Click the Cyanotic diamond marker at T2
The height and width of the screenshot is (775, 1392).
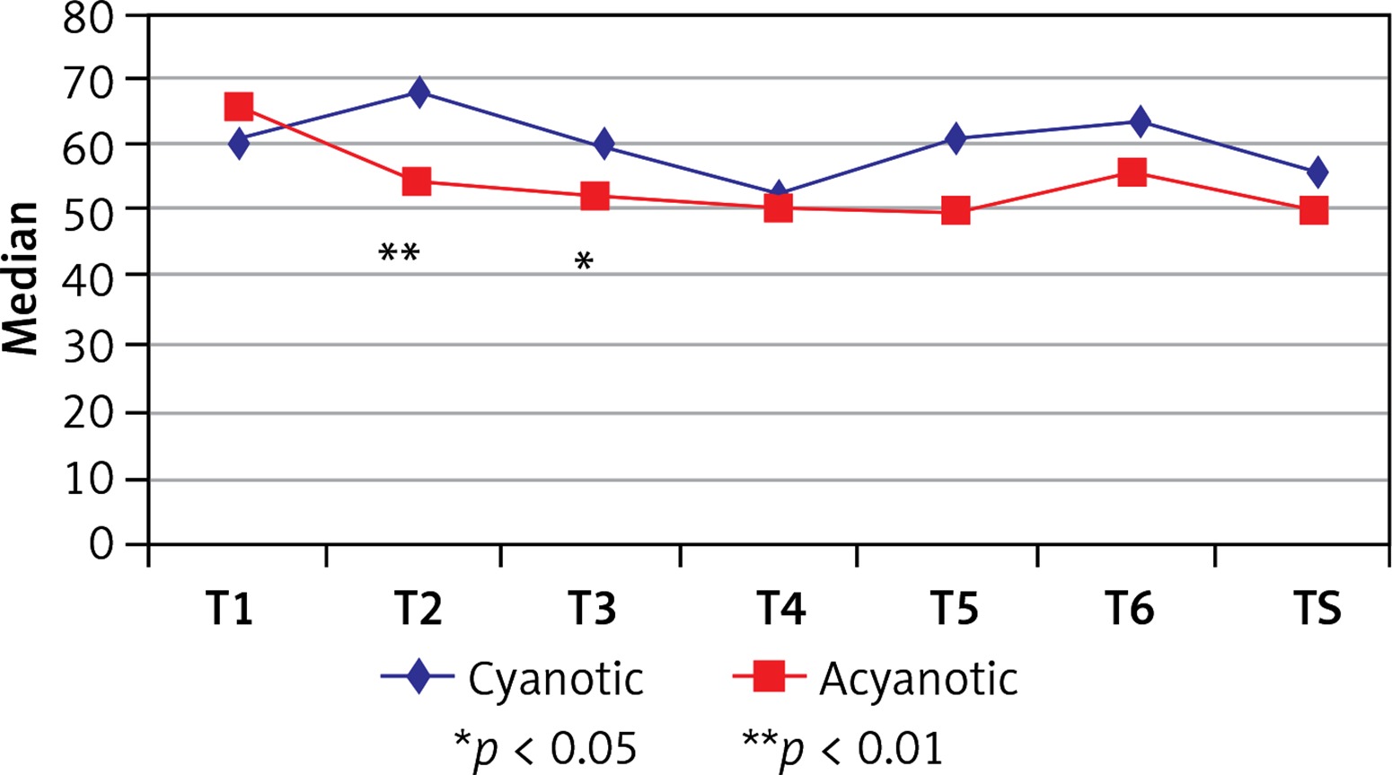coord(418,91)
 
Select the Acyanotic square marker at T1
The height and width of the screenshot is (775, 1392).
coord(238,106)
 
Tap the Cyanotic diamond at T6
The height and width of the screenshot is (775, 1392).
coord(1140,120)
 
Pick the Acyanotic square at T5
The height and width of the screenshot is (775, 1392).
coord(956,212)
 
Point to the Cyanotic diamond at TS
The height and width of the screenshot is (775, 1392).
coord(1317,172)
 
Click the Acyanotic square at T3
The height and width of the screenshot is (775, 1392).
coord(595,196)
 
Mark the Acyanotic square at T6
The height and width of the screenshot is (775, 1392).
coord(1132,172)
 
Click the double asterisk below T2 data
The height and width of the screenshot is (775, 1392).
coord(399,253)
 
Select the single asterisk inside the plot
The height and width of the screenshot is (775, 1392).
coord(584,262)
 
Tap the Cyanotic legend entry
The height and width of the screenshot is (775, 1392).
coord(512,679)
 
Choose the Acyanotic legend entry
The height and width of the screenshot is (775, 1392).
coord(876,679)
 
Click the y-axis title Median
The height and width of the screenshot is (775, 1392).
coord(22,278)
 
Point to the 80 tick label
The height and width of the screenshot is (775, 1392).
coord(89,18)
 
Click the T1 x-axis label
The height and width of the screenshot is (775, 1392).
coord(229,609)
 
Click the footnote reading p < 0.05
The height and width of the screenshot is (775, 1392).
coord(545,747)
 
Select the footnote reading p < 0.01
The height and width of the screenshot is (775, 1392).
coord(842,747)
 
